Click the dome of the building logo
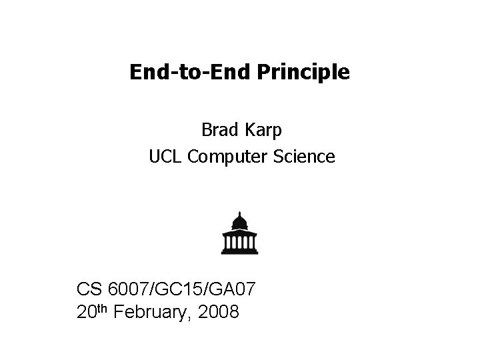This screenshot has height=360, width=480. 240,221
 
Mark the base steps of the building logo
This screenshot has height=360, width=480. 240,251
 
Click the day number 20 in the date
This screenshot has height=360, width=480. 87,311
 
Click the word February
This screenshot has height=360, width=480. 147,311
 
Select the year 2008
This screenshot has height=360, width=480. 216,311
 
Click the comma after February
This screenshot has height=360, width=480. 184,317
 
